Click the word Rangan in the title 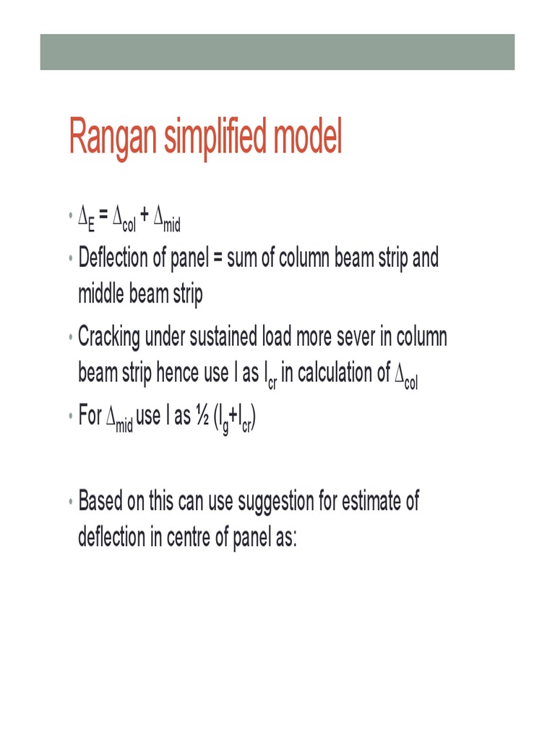112,137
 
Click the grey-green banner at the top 277,52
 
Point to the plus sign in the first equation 145,215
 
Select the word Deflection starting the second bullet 113,258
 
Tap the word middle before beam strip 100,294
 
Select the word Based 100,501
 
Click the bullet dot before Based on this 70,501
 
